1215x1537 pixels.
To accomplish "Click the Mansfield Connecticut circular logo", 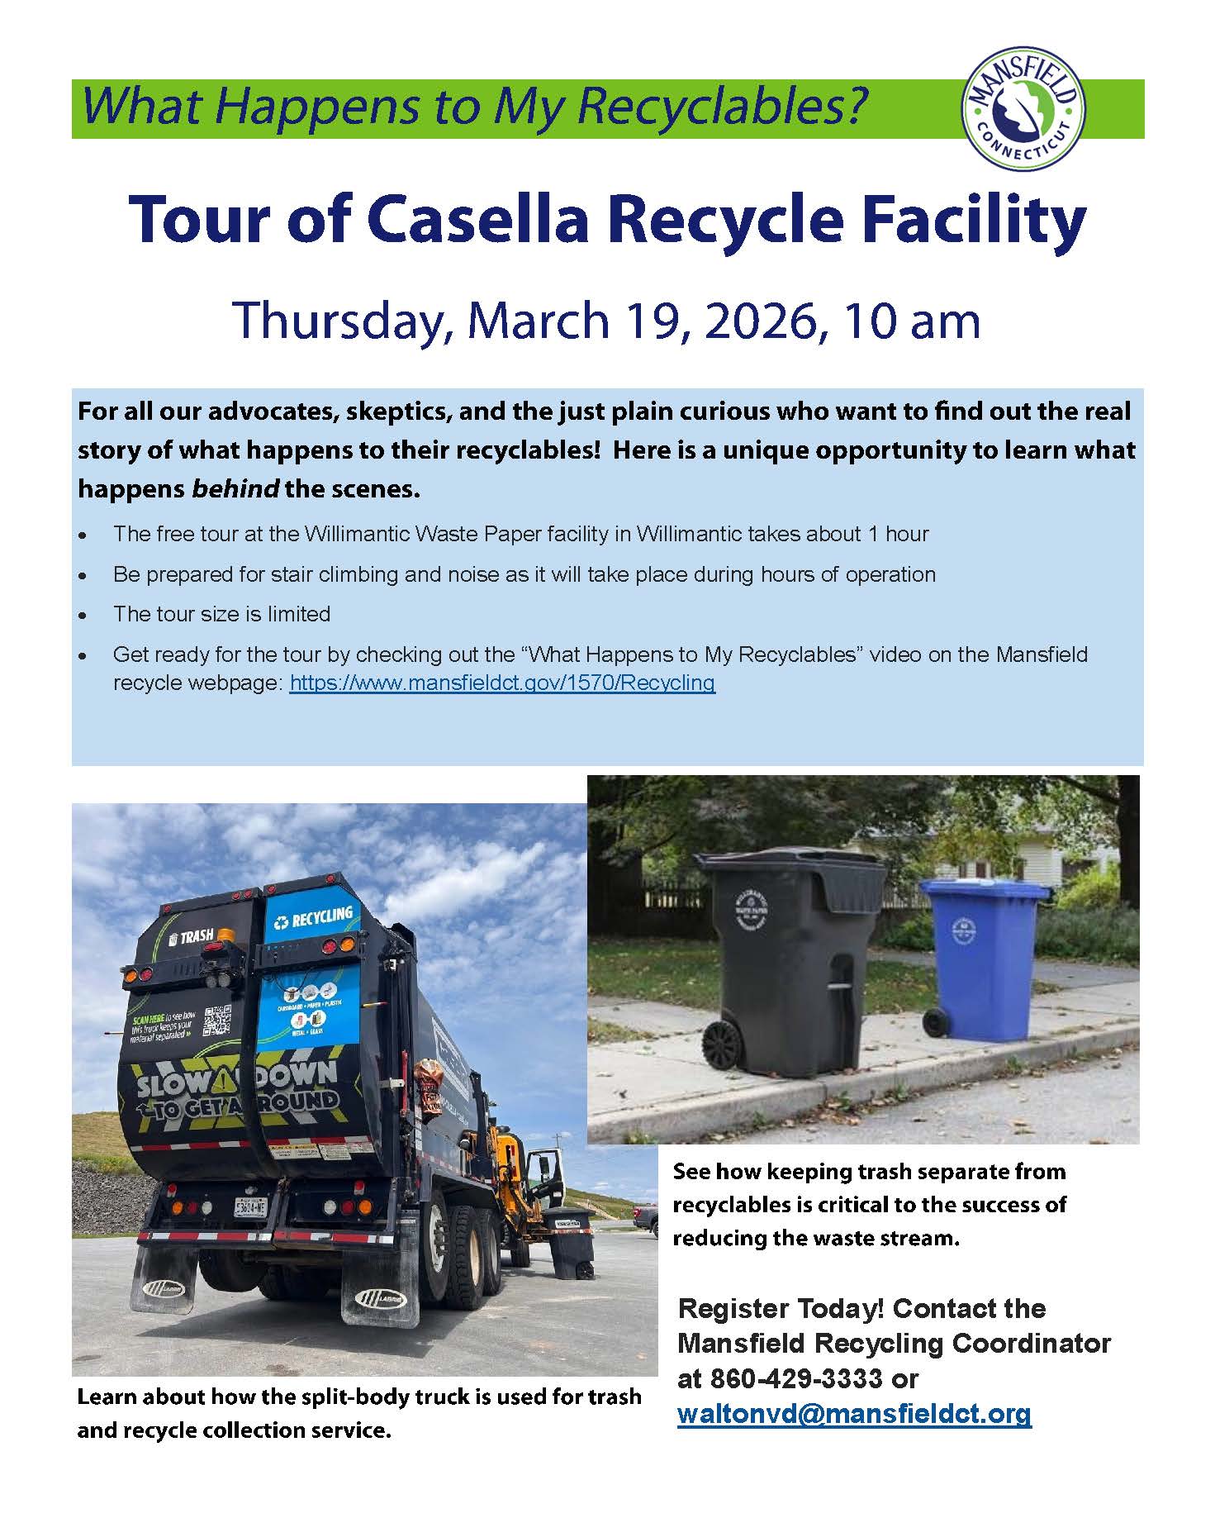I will coord(1024,109).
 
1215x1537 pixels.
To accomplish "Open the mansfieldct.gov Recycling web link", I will coord(502,683).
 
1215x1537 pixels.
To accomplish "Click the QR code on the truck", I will coord(217,1021).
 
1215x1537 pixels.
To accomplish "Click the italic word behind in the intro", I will coord(235,488).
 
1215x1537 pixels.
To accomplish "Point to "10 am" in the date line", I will coord(909,321).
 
